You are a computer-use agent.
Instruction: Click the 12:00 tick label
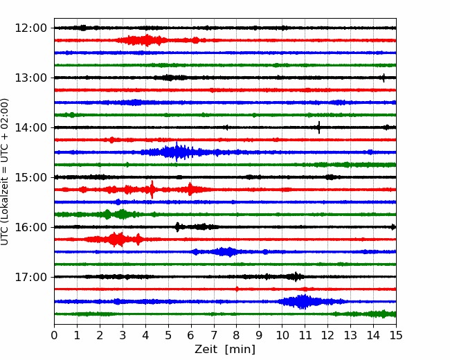tap(30, 28)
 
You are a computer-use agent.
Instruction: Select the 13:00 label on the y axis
tap(30, 78)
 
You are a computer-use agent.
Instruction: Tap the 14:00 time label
tap(30, 127)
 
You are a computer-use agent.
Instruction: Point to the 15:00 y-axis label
tap(30, 177)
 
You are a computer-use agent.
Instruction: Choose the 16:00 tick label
tap(30, 227)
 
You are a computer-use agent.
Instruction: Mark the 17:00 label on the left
tap(30, 277)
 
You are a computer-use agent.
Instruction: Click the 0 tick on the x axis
tap(54, 335)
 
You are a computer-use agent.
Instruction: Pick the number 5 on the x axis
tap(168, 335)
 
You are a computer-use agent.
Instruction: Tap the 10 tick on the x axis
tap(282, 335)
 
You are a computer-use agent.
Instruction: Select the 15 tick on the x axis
tap(396, 335)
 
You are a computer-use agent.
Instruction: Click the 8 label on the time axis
tap(237, 335)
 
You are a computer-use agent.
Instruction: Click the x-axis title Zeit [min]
tap(225, 350)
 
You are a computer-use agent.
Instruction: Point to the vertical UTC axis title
tap(4, 172)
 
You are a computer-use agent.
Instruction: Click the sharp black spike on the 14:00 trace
tap(319, 127)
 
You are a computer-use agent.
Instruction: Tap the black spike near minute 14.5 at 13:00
tap(384, 78)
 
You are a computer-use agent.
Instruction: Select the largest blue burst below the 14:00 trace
tap(177, 152)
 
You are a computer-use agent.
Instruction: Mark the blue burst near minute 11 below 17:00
tap(303, 301)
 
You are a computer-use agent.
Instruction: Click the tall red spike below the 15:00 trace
tap(152, 190)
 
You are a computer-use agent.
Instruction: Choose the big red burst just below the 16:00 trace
tap(117, 240)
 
